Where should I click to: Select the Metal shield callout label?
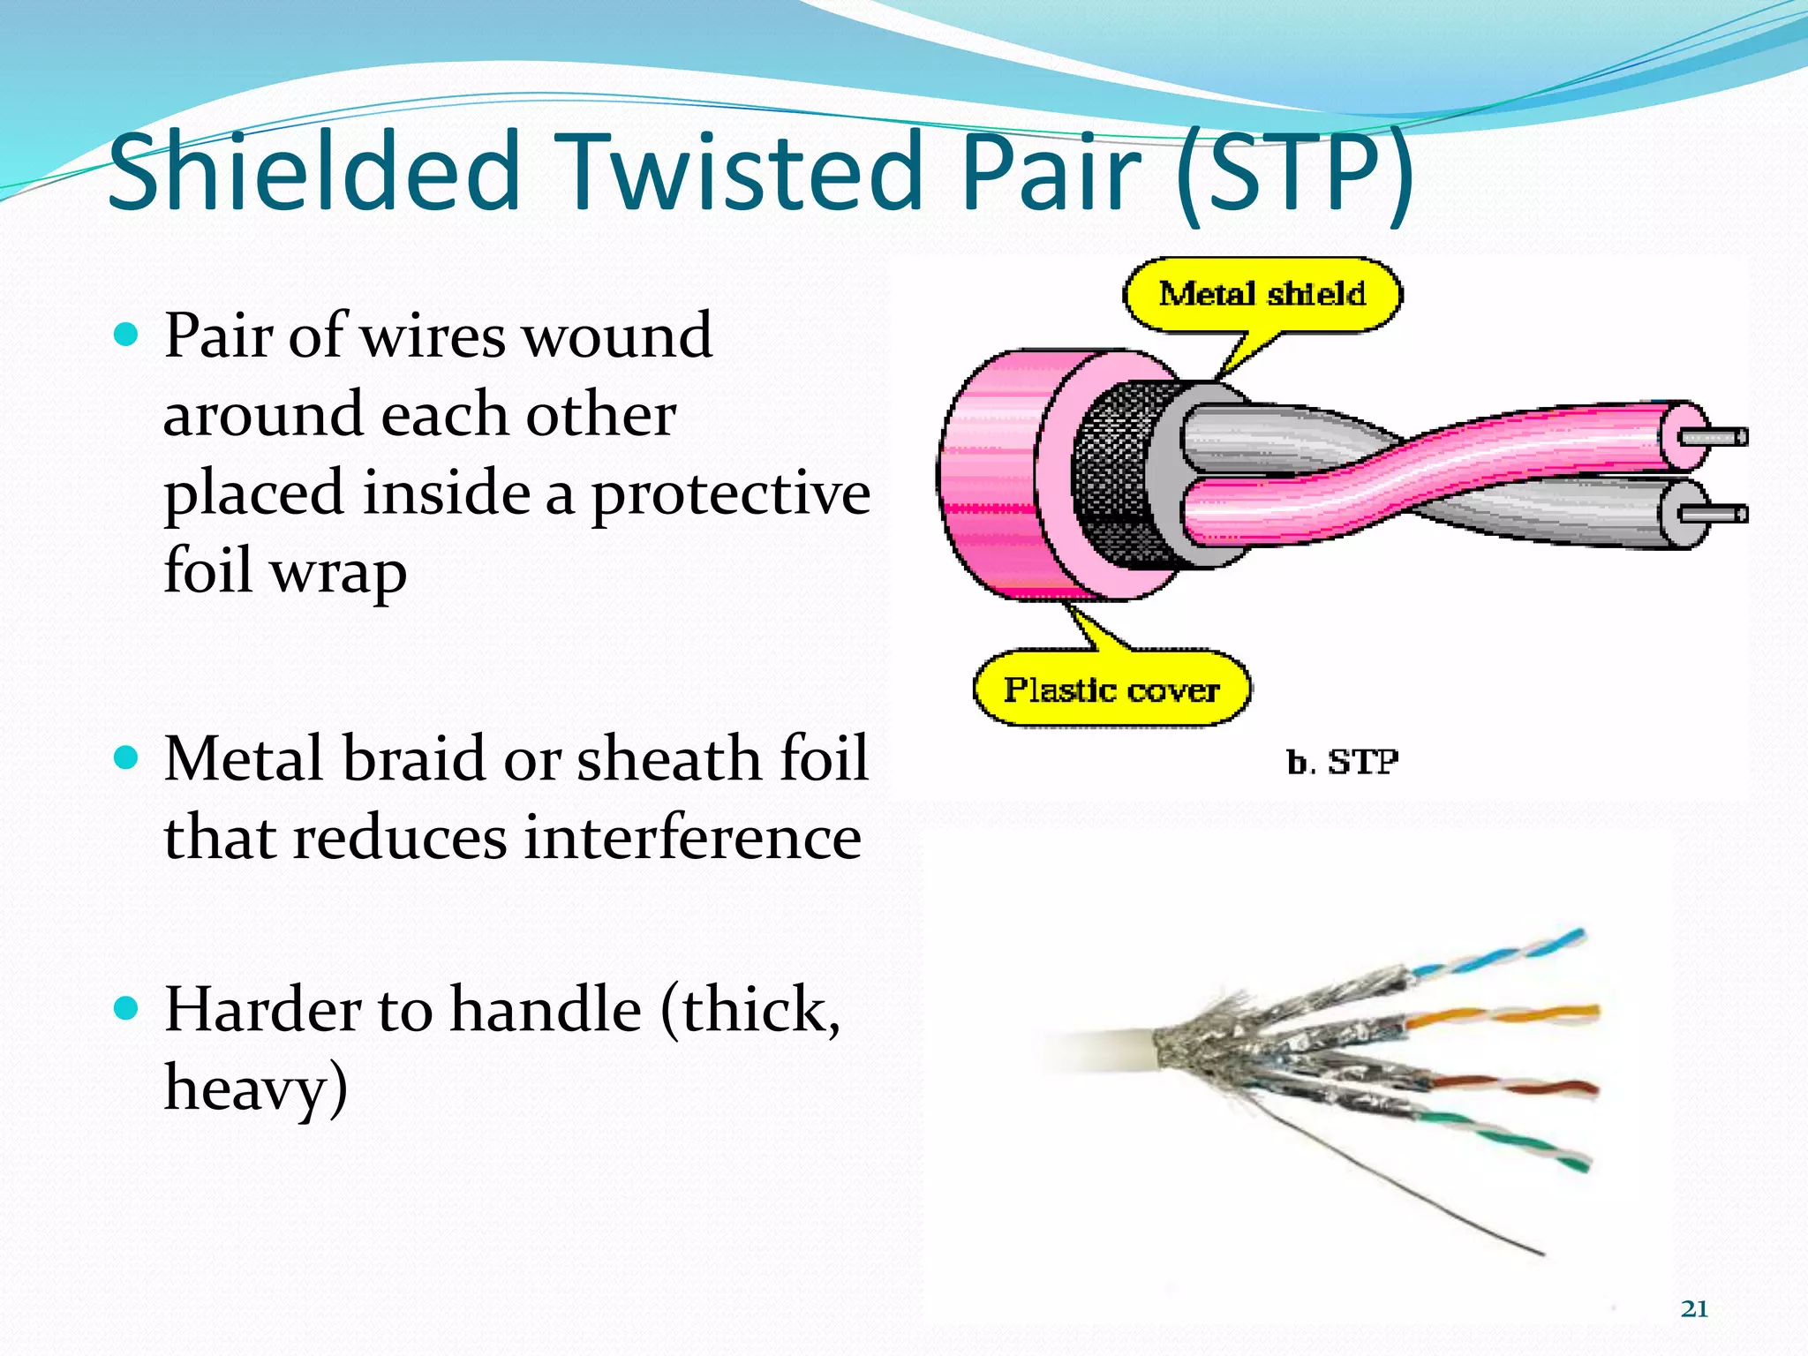[1262, 294]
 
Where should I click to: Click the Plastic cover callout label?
[1111, 689]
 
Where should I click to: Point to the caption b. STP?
[1342, 761]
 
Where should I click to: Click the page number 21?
[1694, 1308]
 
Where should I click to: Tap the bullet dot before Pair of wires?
[127, 335]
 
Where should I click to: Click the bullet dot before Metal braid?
[127, 757]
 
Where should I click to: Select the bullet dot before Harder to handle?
[127, 1008]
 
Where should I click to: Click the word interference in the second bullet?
[692, 837]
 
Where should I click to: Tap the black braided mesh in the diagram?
[1117, 477]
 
